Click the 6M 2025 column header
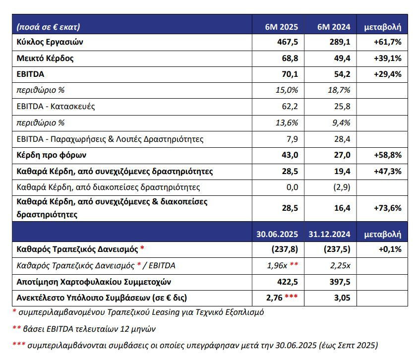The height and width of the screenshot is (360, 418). pos(281,27)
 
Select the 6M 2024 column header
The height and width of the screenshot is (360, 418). pos(334,27)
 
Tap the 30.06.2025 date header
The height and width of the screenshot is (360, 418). pos(277,234)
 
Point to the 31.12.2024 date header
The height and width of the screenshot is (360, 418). pos(329,234)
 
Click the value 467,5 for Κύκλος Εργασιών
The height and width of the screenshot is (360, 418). pos(288,42)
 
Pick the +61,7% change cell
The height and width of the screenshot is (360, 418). pos(387,42)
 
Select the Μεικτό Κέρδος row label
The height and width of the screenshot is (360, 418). pos(45,59)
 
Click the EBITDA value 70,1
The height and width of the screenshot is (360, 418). pos(290,74)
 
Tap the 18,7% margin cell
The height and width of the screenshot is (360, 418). pos(339,90)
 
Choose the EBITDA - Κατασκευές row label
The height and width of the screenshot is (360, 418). pos(56,107)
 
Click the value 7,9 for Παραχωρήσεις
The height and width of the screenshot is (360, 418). pos(292,139)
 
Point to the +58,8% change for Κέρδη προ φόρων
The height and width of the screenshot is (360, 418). pos(387,155)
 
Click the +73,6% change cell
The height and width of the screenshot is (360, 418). pos(387,208)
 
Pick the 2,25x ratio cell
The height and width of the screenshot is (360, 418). pos(340,266)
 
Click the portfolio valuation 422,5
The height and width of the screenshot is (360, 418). pos(288,282)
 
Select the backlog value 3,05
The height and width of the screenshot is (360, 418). pos(342,298)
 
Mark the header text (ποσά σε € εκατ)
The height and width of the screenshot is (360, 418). pos(48,27)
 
